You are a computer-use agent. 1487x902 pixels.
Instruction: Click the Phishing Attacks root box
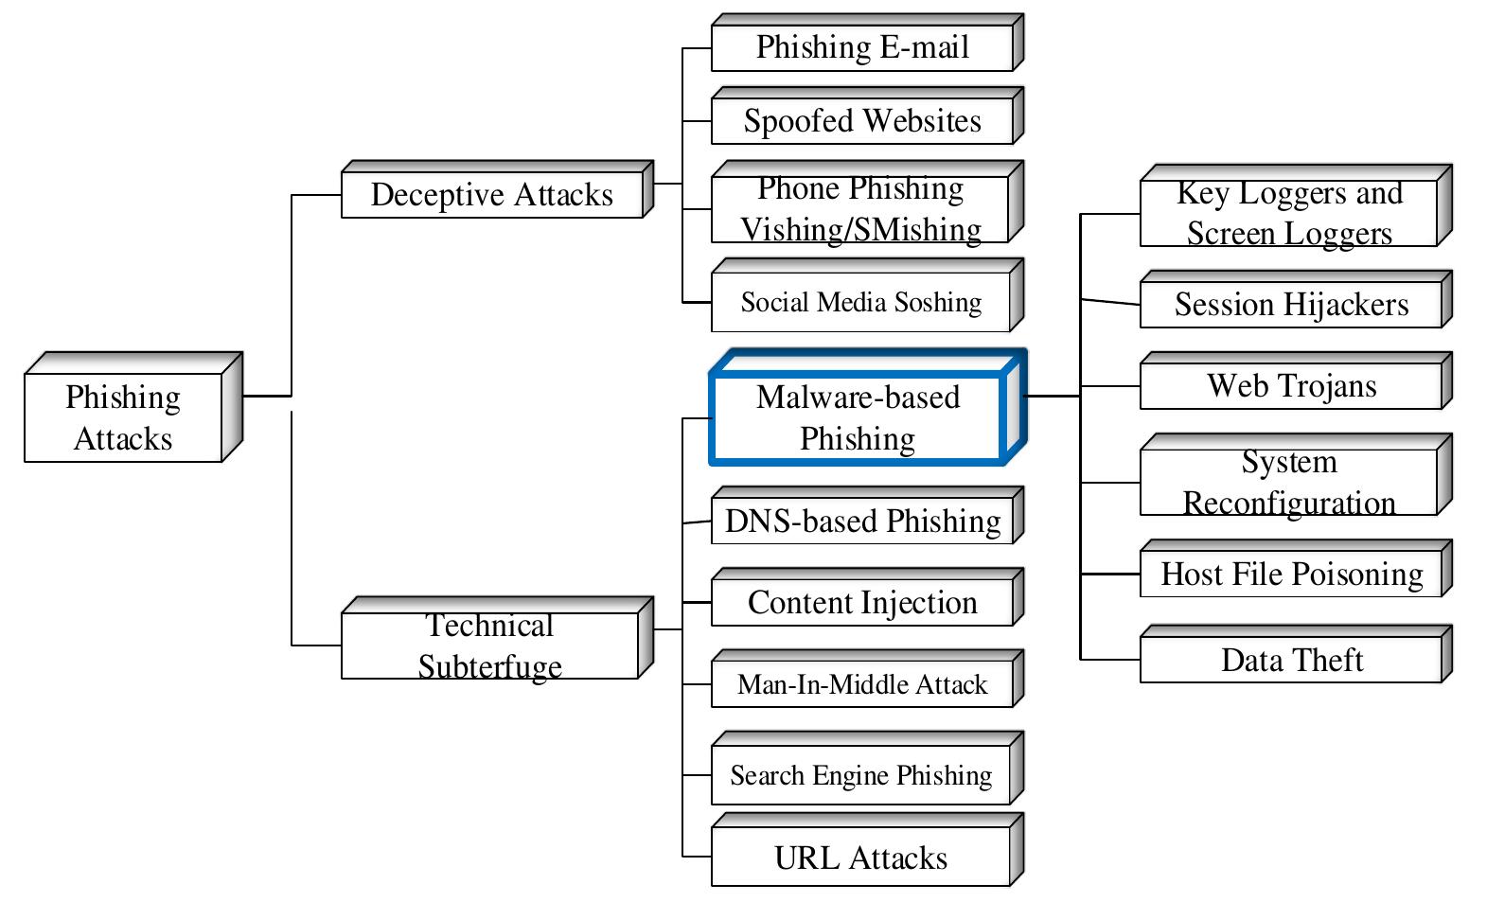(x=123, y=417)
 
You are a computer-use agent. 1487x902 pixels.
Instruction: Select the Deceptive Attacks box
(x=492, y=195)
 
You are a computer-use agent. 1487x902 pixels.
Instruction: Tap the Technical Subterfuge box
(x=490, y=646)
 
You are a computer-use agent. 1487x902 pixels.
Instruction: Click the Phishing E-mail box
(x=862, y=47)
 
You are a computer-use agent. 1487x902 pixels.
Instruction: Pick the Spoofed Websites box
(x=862, y=121)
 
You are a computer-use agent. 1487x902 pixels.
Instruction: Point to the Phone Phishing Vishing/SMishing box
(x=860, y=209)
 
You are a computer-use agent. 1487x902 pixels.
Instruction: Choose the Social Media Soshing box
(x=860, y=303)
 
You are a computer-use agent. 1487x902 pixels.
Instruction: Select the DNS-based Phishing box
(x=862, y=522)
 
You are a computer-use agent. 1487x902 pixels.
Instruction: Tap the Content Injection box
(x=862, y=603)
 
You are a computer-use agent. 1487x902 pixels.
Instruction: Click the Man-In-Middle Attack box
(x=862, y=684)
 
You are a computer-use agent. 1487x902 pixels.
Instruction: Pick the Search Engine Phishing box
(x=860, y=776)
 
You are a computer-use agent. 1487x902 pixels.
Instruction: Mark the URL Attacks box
(x=860, y=858)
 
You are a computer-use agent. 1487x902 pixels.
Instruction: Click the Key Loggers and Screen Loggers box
(x=1289, y=213)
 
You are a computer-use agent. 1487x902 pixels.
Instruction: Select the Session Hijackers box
(x=1291, y=305)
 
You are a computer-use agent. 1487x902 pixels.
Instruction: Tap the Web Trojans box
(x=1291, y=386)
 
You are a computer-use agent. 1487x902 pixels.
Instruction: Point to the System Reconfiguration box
(x=1289, y=482)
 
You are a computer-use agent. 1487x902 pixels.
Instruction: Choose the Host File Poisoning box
(x=1291, y=575)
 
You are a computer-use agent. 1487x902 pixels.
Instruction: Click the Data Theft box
(x=1291, y=660)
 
